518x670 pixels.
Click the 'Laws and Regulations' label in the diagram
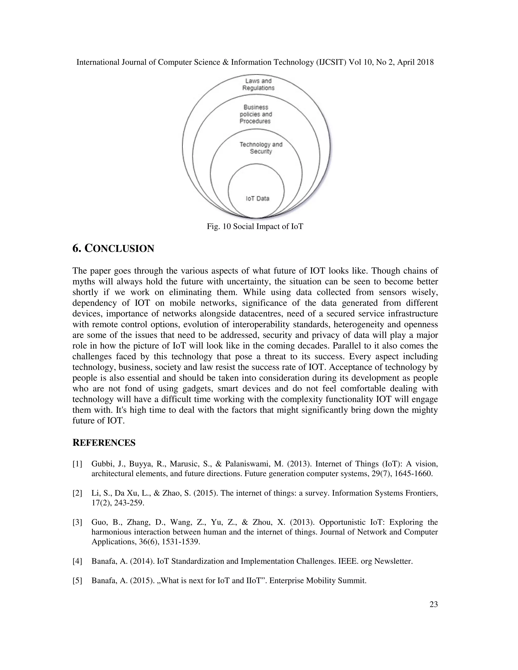258,84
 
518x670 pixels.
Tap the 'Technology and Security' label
261,148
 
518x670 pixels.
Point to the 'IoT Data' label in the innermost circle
257,198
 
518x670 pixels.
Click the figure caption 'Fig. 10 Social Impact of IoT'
255,227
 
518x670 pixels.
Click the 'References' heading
104,443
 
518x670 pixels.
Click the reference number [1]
77,464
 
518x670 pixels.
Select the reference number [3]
77,522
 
